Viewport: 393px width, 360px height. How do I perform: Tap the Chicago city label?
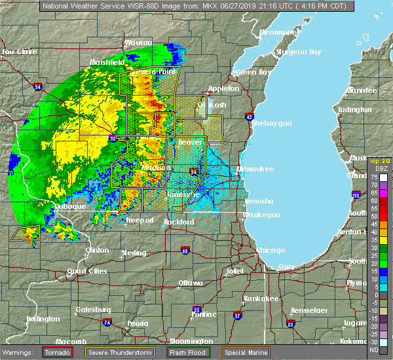[271, 250]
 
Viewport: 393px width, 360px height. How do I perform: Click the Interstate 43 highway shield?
[250, 117]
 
